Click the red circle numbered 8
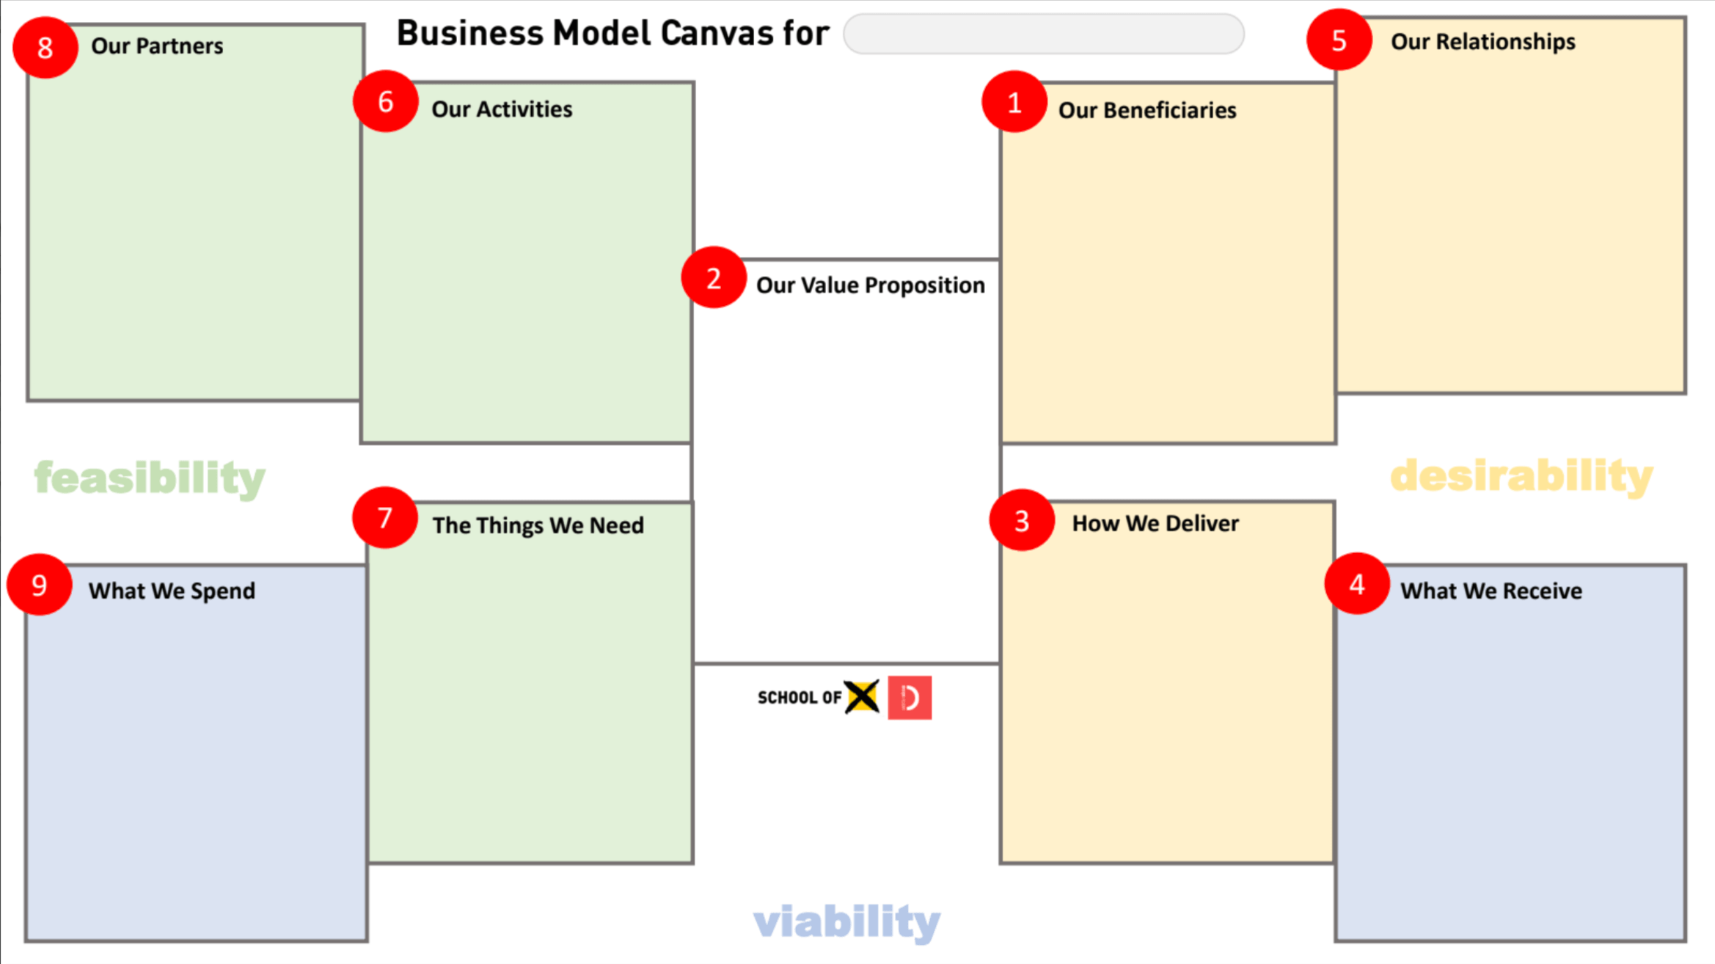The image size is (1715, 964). (45, 48)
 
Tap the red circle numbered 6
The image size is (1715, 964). (386, 101)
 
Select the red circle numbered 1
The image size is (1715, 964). (1014, 102)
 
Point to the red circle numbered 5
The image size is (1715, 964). (1339, 40)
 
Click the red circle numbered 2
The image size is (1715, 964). (714, 278)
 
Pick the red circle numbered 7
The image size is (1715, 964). (385, 518)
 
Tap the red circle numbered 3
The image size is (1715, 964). (1022, 521)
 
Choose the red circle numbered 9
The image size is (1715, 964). (40, 585)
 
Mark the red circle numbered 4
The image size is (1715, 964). (1357, 584)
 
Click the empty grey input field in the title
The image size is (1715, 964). (1043, 34)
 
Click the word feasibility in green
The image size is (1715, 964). (150, 478)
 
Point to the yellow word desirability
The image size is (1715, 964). (1521, 476)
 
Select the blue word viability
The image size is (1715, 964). (846, 921)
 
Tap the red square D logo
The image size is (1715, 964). (910, 698)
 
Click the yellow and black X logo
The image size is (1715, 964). (862, 696)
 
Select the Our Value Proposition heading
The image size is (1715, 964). (870, 285)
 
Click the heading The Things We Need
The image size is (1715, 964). (538, 525)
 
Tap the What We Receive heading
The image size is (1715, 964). (1491, 591)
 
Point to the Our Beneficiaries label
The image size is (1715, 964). (1147, 110)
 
